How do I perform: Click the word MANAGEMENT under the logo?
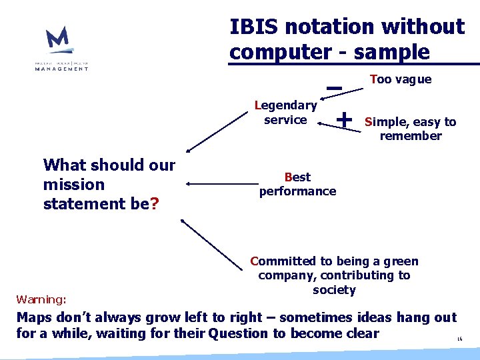click(x=62, y=68)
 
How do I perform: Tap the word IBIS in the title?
click(x=253, y=27)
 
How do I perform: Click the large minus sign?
click(x=335, y=87)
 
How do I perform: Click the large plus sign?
click(x=344, y=119)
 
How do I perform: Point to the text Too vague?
click(x=401, y=79)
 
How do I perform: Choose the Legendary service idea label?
click(x=286, y=112)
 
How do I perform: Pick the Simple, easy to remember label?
click(x=410, y=129)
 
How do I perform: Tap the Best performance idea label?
click(x=297, y=184)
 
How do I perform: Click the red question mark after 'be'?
click(x=155, y=203)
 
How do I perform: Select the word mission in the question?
click(x=74, y=185)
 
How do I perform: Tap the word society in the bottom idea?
click(x=334, y=290)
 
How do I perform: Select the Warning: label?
click(x=41, y=299)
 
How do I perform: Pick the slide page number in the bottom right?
click(x=459, y=339)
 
